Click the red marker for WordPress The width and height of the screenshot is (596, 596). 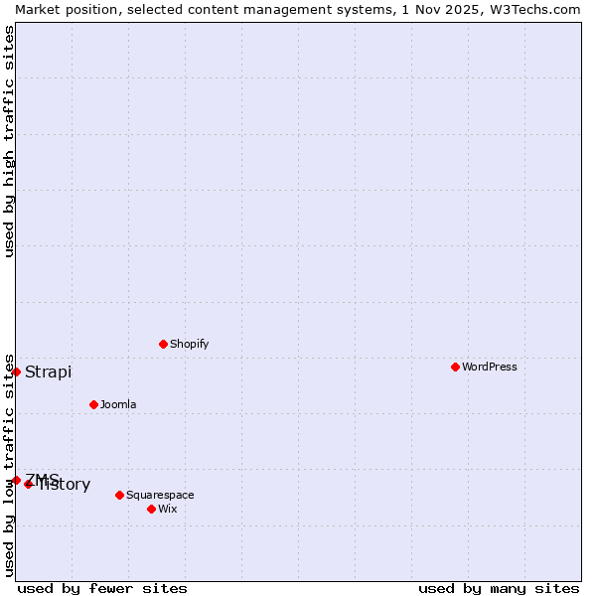click(455, 367)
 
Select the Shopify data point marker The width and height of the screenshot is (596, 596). click(163, 344)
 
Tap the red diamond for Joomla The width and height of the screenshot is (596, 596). click(93, 404)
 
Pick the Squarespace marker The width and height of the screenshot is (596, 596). click(119, 495)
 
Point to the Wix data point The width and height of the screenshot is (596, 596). click(151, 509)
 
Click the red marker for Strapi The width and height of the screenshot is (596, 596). click(16, 372)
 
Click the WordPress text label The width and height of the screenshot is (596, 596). click(490, 367)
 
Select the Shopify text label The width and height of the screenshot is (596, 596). click(189, 344)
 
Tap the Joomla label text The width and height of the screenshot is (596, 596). click(118, 404)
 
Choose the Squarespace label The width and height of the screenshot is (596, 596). click(160, 495)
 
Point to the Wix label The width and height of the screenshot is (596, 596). click(167, 509)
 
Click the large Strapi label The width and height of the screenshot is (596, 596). click(48, 372)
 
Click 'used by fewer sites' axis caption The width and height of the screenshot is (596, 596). click(102, 588)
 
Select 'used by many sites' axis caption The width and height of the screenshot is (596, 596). click(499, 588)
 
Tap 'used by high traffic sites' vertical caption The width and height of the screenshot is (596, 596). click(9, 141)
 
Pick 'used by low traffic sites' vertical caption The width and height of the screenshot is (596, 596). click(9, 464)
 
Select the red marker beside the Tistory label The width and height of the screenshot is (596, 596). click(29, 484)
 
